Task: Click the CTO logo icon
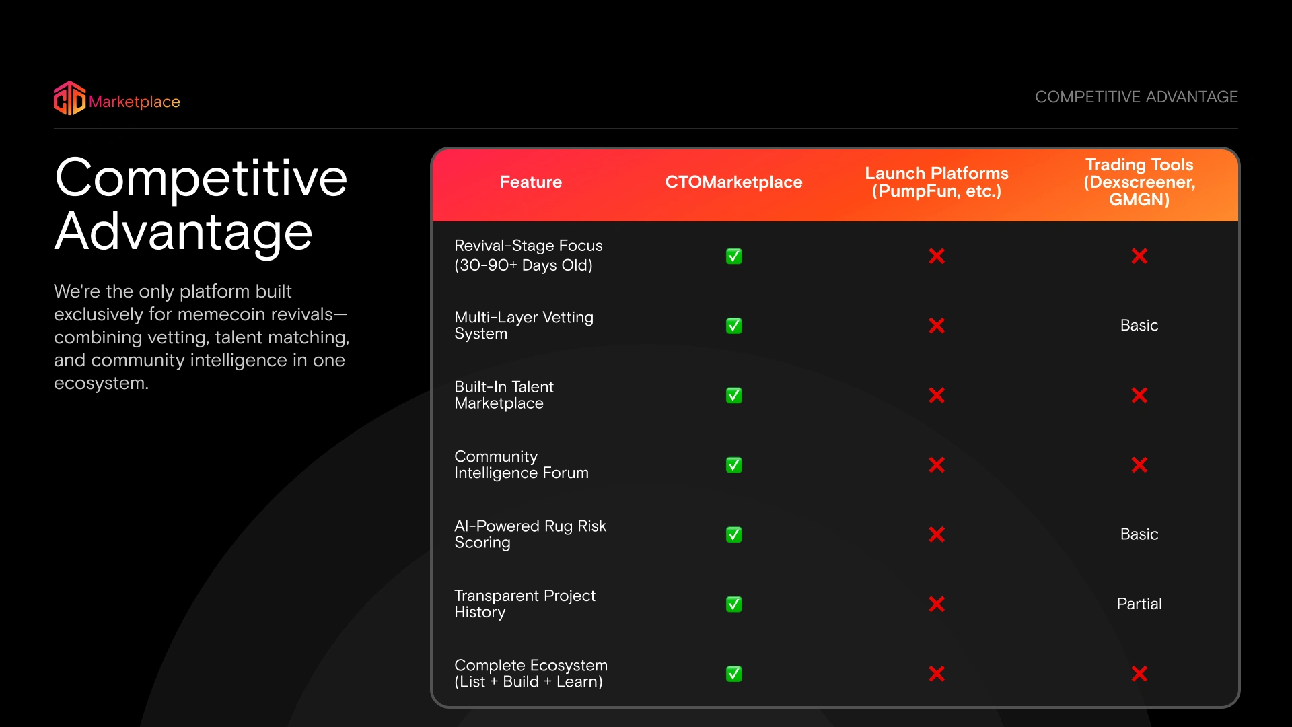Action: tap(70, 98)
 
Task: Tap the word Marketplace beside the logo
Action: tap(135, 102)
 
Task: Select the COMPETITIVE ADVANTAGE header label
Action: tap(1137, 97)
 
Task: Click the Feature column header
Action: tap(531, 182)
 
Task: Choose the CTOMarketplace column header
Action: tap(733, 182)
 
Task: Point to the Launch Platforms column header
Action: tap(937, 182)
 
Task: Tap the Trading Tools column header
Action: tap(1139, 182)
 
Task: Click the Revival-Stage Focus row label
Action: tap(528, 255)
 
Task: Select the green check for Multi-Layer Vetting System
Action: tap(734, 326)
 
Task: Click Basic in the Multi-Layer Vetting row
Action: tap(1139, 326)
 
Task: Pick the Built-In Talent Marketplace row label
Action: tap(504, 395)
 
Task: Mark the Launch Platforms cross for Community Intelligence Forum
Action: tap(937, 465)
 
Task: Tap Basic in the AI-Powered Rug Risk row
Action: tap(1139, 534)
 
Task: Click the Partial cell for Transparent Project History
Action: tap(1139, 604)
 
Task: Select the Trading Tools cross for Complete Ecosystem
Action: tap(1139, 674)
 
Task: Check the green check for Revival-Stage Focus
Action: tap(734, 256)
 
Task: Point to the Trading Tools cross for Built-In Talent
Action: tap(1139, 395)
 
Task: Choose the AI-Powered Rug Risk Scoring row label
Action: tap(530, 534)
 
